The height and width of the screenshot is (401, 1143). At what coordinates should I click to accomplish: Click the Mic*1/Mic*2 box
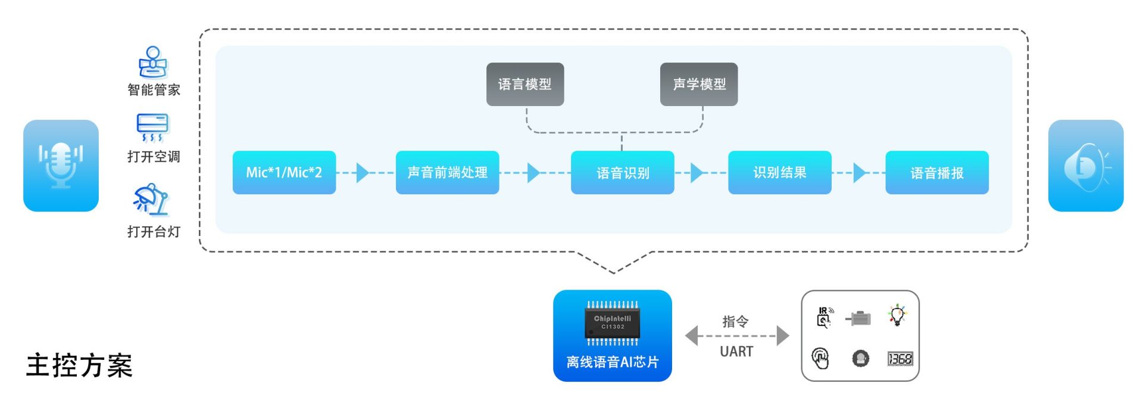point(284,172)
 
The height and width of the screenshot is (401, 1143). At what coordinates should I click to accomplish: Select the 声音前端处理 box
point(447,172)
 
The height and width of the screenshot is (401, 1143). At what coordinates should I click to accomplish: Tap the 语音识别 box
point(622,172)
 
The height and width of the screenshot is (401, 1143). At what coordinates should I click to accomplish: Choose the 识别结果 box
point(779,172)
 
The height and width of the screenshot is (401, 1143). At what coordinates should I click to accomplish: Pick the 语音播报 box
point(937,172)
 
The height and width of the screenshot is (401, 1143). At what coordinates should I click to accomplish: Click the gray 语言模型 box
point(525,84)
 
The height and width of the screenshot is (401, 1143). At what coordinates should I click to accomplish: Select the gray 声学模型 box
point(699,84)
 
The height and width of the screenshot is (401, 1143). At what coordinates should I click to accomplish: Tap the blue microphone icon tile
point(61,166)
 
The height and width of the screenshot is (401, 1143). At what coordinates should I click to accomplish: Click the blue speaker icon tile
point(1086,166)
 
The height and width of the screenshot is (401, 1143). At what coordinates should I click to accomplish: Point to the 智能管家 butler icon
point(154,62)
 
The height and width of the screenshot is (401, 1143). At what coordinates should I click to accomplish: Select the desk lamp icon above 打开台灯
point(151,200)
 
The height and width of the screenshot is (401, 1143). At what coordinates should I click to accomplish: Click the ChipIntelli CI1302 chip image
point(613,323)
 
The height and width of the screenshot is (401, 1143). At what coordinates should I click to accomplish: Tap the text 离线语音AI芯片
point(613,362)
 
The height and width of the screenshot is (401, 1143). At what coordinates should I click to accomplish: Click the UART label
point(736,352)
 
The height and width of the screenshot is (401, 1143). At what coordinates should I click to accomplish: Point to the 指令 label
point(736,322)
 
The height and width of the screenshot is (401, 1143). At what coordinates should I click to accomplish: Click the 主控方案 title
point(79,365)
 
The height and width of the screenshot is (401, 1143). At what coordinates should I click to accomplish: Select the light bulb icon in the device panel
point(897,315)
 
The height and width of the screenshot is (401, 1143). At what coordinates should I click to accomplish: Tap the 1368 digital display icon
point(900,359)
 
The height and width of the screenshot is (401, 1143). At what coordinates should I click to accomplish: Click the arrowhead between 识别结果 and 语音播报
point(860,173)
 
